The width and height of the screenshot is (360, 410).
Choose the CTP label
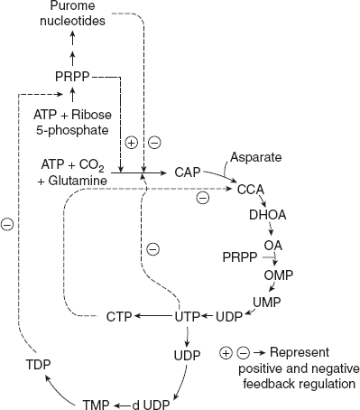121,316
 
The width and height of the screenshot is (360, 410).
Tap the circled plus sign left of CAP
131,143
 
